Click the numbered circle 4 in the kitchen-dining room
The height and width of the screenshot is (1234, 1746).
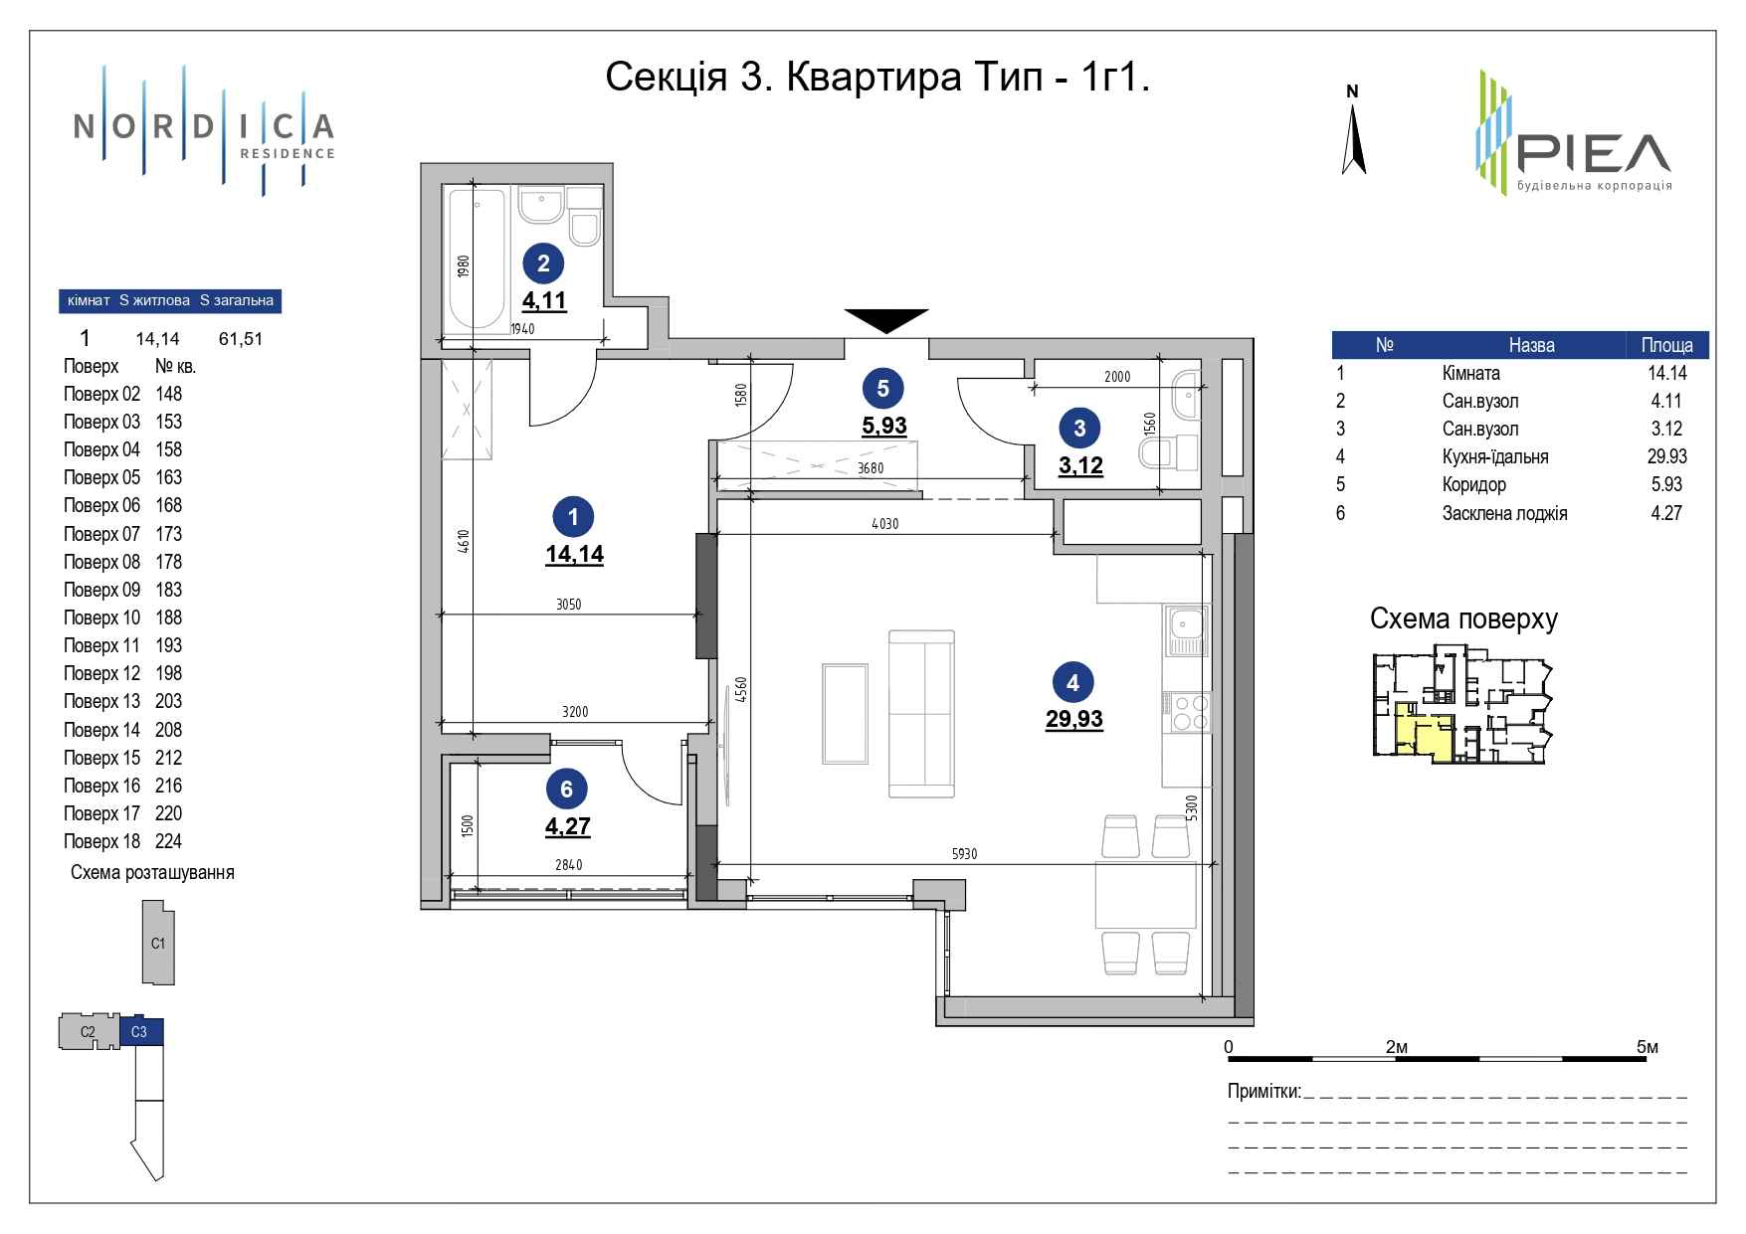pyautogui.click(x=1072, y=682)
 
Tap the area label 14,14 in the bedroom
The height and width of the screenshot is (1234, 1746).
pyautogui.click(x=574, y=554)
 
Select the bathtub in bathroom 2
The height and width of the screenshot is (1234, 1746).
pyautogui.click(x=475, y=260)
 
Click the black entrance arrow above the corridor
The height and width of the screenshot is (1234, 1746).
pyautogui.click(x=885, y=320)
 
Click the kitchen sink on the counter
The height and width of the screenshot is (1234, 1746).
pyautogui.click(x=1186, y=631)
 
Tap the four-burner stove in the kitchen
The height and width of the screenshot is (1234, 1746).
pyautogui.click(x=1186, y=712)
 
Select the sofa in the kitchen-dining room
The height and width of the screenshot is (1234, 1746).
pyautogui.click(x=921, y=713)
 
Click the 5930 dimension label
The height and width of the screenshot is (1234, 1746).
pyautogui.click(x=964, y=853)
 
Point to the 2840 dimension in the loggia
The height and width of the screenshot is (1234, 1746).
pyautogui.click(x=568, y=865)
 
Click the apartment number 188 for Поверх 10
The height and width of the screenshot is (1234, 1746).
pyautogui.click(x=168, y=617)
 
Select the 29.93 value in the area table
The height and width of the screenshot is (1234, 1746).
pyautogui.click(x=1666, y=456)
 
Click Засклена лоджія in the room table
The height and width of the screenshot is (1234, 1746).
pyautogui.click(x=1504, y=513)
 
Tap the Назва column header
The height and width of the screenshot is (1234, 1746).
pyautogui.click(x=1530, y=345)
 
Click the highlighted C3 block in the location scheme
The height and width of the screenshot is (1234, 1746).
pyautogui.click(x=140, y=1032)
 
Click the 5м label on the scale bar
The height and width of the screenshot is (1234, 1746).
pyautogui.click(x=1647, y=1047)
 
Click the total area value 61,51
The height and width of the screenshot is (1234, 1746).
pyautogui.click(x=240, y=339)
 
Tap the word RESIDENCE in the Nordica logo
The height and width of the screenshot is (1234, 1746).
pyautogui.click(x=287, y=153)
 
